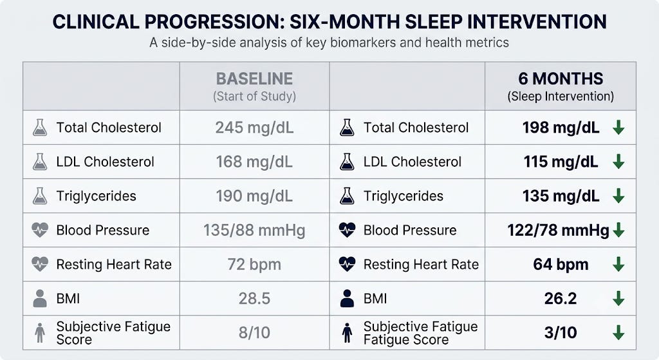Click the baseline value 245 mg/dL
pos(254,128)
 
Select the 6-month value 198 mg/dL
pos(561,128)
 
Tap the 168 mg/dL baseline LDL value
pos(254,162)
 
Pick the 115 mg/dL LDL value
pos(561,162)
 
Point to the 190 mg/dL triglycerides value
pos(254,196)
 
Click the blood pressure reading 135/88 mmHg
pos(254,231)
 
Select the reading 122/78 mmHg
pos(558,231)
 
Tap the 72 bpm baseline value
pos(254,265)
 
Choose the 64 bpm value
pos(561,265)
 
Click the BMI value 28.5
pos(254,299)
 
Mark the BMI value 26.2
pos(561,299)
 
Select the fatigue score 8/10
pos(254,333)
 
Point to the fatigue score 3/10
pos(561,333)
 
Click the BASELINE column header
pos(254,79)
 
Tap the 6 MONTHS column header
pos(561,79)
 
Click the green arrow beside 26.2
pos(618,299)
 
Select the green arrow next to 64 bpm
pos(618,265)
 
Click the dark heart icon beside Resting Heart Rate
pos(347,264)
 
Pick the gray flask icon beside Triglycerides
pos(40,196)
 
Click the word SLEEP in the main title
pos(432,22)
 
